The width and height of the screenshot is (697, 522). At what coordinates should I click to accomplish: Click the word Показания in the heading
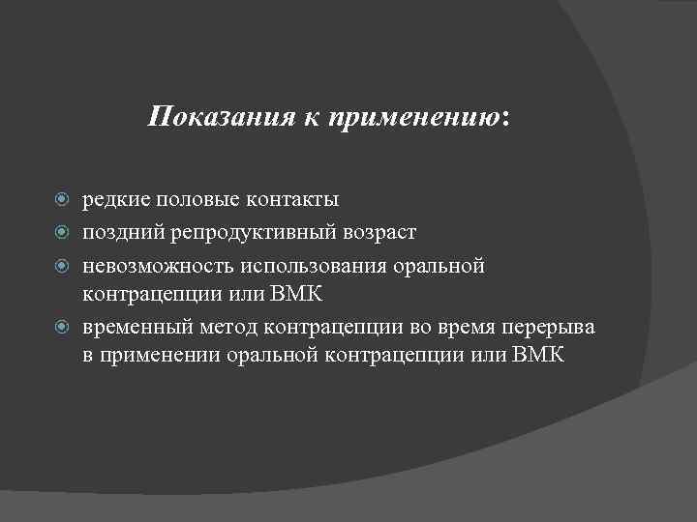tap(199, 118)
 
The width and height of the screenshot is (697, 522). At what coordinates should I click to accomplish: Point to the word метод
tap(225, 327)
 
